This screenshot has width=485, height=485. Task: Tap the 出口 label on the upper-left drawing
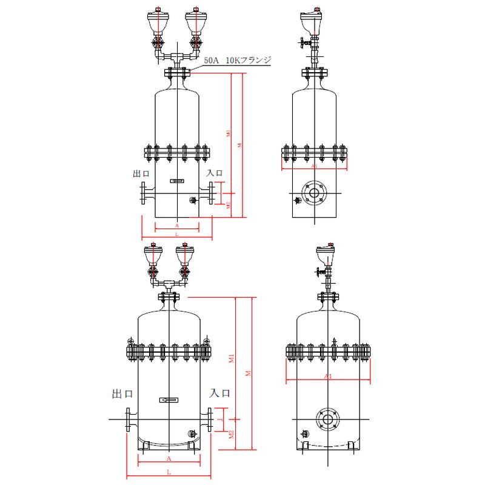(141, 173)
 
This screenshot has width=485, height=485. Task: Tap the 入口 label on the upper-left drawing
(215, 173)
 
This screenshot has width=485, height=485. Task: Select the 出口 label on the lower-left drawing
(122, 393)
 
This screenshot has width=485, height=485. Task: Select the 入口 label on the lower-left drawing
(220, 393)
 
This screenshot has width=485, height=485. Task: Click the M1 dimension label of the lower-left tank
(232, 359)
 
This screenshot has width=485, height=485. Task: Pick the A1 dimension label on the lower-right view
(328, 376)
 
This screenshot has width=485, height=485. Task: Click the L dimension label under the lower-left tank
(169, 472)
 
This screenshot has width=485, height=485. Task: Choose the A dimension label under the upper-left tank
(176, 224)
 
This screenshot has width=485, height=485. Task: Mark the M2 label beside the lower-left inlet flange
(232, 434)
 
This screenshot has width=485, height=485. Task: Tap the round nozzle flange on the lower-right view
(327, 420)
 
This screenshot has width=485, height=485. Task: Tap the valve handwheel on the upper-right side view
(300, 44)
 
